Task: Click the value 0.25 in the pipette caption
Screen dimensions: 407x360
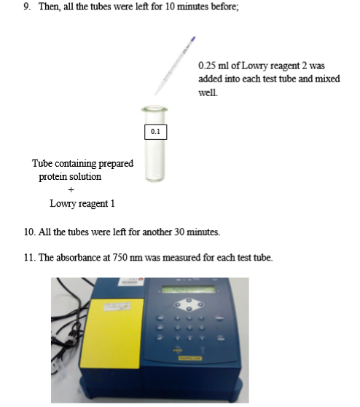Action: coord(208,66)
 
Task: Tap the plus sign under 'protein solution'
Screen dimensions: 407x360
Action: coord(71,190)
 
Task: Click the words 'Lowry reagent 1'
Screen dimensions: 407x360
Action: coord(82,204)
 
